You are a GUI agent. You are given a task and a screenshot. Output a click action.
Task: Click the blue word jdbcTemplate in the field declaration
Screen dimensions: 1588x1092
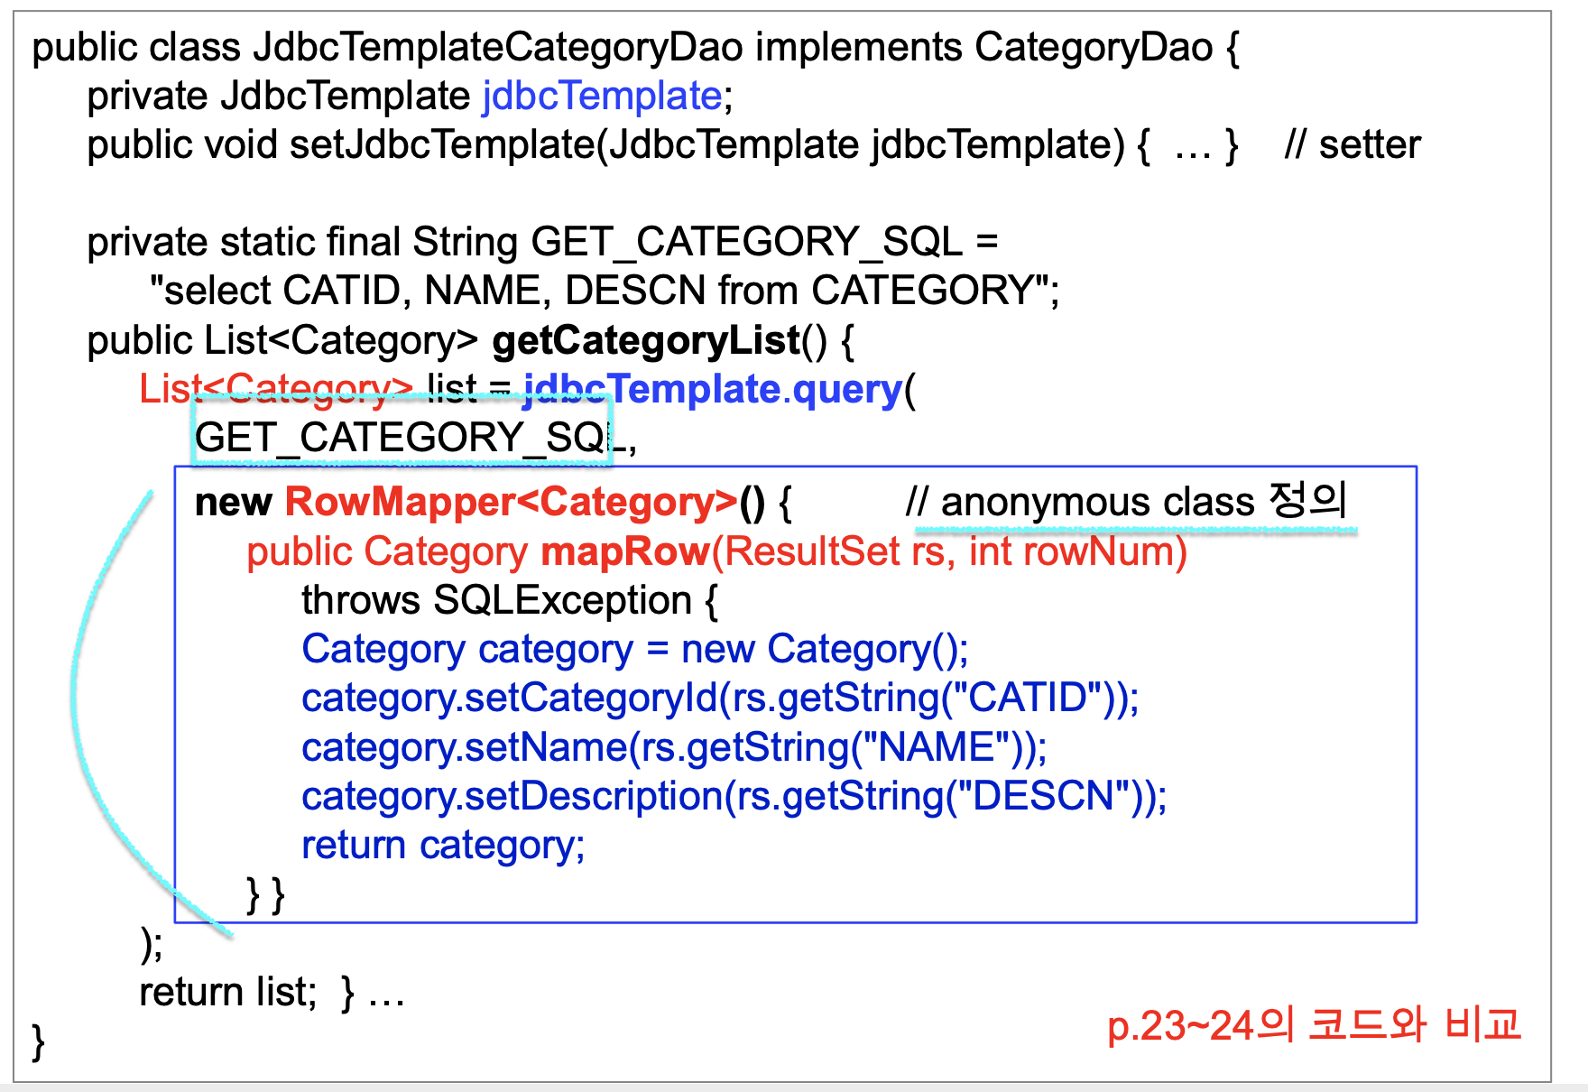pos(602,96)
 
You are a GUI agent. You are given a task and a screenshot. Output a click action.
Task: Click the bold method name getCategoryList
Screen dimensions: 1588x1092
pos(646,340)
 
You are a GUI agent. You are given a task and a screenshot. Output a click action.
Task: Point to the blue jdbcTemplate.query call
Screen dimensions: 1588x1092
pos(713,389)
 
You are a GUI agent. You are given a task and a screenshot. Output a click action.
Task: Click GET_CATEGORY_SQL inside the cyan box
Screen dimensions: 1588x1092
pos(402,439)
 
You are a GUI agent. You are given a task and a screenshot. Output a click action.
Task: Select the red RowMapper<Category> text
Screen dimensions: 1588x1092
pos(511,502)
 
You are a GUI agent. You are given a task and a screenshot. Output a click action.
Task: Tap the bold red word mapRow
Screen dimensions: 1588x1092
pos(624,551)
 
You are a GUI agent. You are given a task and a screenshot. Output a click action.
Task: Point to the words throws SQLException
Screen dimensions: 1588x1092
pos(496,600)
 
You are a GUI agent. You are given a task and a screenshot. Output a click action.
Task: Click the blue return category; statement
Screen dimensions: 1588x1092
pos(442,846)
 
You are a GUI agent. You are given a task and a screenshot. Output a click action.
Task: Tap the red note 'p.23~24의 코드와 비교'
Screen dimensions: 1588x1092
pos(1314,1025)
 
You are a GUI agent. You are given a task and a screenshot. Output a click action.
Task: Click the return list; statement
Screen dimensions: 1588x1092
pos(227,992)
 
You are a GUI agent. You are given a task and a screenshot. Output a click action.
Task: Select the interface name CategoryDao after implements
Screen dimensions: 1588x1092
pos(1094,47)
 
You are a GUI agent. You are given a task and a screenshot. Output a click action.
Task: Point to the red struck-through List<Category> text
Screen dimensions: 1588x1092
pos(275,389)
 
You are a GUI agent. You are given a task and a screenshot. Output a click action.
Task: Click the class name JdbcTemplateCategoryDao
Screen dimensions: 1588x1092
pos(498,47)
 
